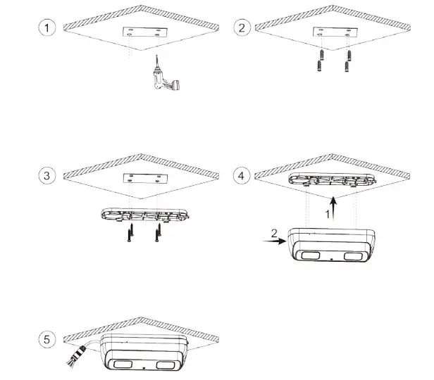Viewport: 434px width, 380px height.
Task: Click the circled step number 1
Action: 47,28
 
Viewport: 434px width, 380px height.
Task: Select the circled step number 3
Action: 47,176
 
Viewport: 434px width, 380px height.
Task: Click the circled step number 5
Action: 47,340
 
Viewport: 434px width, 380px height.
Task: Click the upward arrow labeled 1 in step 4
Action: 336,207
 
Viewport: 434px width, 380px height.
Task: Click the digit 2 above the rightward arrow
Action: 275,231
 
